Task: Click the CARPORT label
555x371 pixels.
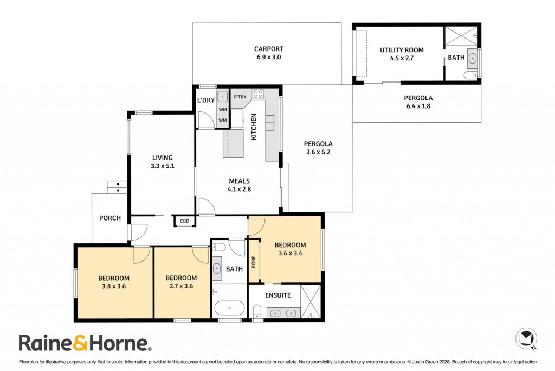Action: (269, 49)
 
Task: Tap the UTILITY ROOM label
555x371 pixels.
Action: (402, 50)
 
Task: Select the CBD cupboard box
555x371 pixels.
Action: (184, 221)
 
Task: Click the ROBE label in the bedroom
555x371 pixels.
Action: (254, 262)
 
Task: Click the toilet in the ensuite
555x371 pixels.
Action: (257, 311)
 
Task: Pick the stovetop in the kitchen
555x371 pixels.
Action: (257, 94)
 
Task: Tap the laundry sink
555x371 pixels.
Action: (222, 96)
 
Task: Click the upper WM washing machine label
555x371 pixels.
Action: (223, 110)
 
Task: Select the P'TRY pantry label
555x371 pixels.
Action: (240, 97)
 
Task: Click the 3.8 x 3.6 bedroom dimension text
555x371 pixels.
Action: (114, 287)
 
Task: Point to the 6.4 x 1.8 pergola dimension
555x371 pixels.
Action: (418, 106)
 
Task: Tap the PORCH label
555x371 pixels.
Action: (109, 218)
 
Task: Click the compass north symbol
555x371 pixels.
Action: (526, 338)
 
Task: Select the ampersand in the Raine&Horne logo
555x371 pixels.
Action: (80, 343)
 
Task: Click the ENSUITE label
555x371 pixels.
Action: (278, 295)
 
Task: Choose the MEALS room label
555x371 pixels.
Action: (239, 181)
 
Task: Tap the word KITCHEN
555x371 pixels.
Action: (254, 127)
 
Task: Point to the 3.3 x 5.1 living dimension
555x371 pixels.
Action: (163, 166)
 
